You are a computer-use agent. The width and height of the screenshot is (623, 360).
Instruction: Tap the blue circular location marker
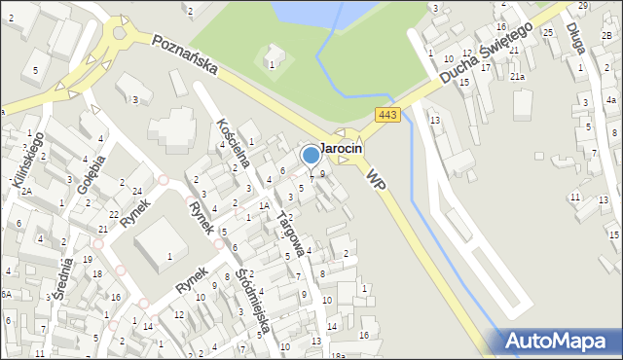tap(311, 155)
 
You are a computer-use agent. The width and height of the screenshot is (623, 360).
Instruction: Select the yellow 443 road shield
tap(386, 116)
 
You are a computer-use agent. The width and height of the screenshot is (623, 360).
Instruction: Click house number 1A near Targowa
tap(264, 205)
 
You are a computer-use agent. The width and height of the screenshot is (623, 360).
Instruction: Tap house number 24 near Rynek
tap(137, 191)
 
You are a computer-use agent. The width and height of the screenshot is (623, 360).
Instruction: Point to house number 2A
tap(27, 191)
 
